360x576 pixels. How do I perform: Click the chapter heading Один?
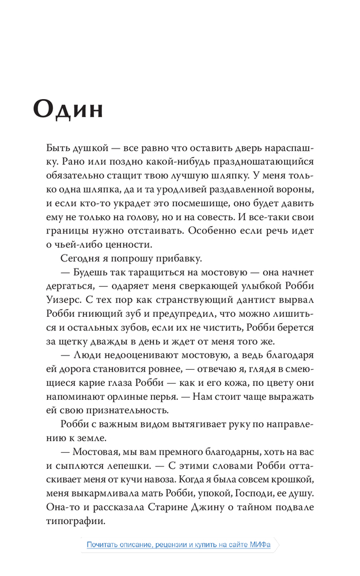[x=68, y=108]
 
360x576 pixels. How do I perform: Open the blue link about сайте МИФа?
[x=179, y=544]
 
